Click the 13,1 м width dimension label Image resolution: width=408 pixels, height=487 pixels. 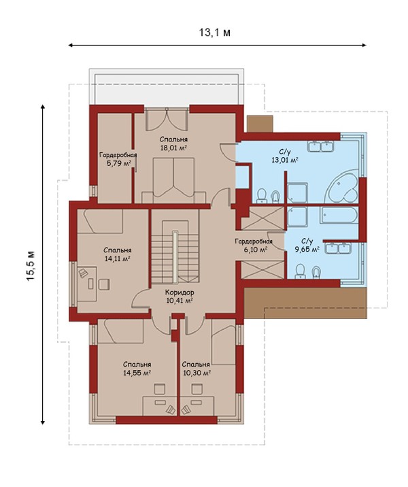coord(215,32)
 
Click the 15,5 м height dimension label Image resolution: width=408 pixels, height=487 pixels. coord(31,265)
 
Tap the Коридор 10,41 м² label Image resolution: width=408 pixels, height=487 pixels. coord(180,296)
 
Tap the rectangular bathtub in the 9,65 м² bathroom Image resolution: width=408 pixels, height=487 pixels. coord(339,215)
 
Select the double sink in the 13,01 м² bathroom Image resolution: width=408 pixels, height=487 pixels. coord(320,146)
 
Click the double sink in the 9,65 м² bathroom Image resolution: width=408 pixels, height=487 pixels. coord(338,248)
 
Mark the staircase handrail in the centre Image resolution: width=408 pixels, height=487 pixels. coord(175,256)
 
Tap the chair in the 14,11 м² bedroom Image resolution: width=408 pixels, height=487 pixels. coord(104,284)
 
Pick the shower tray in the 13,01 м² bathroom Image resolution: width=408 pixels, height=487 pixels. coord(297,193)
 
